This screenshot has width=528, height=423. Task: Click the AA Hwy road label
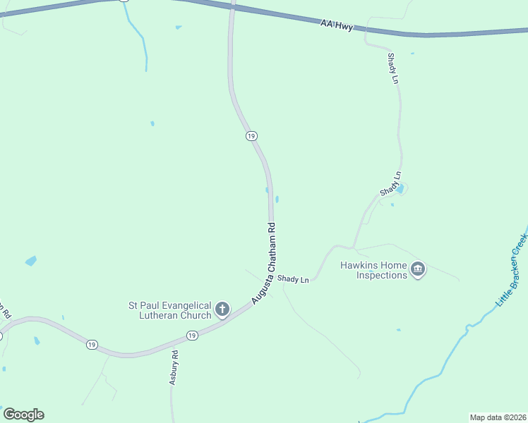tap(336, 25)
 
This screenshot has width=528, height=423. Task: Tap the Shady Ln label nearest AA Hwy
tap(394, 69)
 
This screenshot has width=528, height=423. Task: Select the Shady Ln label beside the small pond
tap(390, 183)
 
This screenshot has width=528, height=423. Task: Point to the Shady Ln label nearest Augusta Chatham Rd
tap(293, 280)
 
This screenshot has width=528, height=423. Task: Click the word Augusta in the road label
tap(260, 287)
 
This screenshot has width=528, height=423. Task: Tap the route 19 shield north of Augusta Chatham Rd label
tap(251, 136)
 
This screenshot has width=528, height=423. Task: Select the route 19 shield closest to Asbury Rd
tap(192, 336)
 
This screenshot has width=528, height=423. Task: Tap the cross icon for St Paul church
tap(222, 309)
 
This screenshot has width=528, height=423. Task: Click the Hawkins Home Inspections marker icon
tap(419, 269)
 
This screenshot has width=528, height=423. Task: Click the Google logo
tap(23, 415)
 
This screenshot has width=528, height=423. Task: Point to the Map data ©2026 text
tap(497, 417)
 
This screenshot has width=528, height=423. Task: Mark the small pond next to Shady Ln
tap(400, 189)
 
